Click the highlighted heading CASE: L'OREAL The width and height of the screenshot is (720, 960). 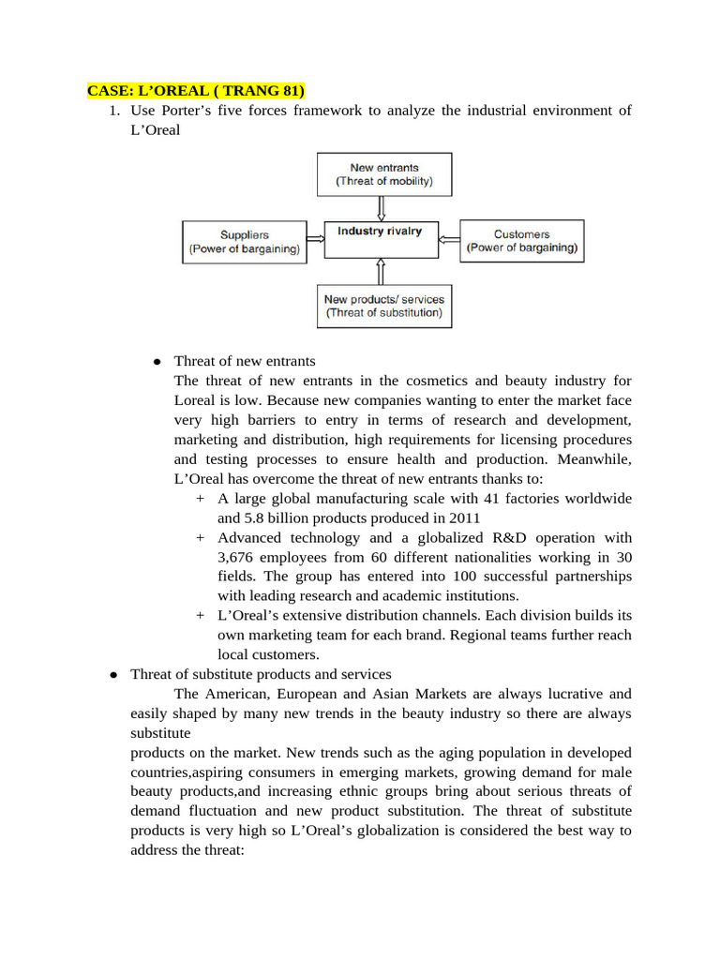[196, 91]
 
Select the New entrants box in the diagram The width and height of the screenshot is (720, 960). [384, 174]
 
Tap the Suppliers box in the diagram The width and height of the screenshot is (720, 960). [245, 242]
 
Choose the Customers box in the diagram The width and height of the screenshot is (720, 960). [521, 242]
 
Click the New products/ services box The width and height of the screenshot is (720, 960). [384, 306]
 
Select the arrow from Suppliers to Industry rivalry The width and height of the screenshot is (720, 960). [316, 239]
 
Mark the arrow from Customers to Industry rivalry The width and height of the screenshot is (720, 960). [448, 239]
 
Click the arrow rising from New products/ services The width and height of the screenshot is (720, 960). [381, 272]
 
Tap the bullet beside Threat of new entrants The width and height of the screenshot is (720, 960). [157, 362]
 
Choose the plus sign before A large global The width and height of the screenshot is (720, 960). [201, 499]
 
